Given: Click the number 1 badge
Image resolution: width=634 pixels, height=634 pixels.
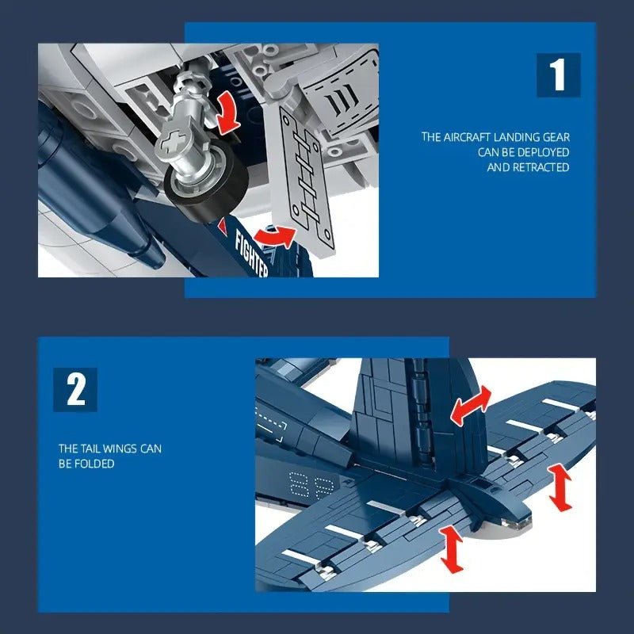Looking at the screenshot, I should tap(559, 75).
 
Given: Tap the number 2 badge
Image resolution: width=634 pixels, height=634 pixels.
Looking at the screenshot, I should tap(75, 389).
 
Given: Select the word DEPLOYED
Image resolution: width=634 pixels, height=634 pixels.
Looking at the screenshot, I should tap(538, 152).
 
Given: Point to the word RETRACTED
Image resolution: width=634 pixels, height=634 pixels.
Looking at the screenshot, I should tap(541, 167).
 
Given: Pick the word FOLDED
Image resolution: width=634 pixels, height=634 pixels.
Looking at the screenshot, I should tap(96, 464).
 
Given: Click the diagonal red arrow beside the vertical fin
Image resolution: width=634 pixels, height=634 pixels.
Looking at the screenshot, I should tap(471, 406).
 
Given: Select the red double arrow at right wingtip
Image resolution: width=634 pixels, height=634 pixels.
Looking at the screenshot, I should tap(561, 487).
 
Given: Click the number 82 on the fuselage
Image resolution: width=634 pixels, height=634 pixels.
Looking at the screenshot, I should tap(305, 486).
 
